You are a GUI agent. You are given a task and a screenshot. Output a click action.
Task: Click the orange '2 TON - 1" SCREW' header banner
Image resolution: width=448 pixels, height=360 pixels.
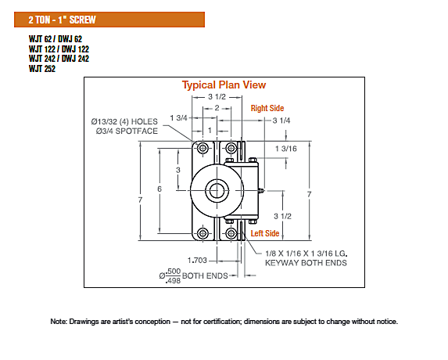(x=109, y=20)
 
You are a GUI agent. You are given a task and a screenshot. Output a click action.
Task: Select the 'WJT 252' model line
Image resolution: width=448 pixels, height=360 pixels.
(x=42, y=69)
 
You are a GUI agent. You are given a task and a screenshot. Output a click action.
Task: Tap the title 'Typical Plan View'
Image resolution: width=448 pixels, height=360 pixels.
(x=224, y=85)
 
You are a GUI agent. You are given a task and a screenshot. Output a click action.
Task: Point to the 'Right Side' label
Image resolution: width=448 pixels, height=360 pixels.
(x=267, y=108)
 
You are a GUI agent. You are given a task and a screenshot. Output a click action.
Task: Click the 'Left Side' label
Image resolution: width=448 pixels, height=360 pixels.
(x=265, y=233)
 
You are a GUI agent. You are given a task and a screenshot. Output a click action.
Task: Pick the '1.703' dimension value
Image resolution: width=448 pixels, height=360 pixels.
(x=197, y=261)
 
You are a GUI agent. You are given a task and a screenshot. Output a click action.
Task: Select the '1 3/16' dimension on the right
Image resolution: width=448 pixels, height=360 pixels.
(x=285, y=149)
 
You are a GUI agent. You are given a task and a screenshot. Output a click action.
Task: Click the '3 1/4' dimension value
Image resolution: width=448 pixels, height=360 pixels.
(x=281, y=121)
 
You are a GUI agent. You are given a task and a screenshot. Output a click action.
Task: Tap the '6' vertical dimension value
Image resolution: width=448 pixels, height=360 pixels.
(x=159, y=189)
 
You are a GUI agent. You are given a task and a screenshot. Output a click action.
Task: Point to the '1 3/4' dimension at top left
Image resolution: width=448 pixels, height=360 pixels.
(x=178, y=118)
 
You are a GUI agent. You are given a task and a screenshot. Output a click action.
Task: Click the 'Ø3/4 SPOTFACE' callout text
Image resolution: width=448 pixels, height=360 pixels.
(x=127, y=131)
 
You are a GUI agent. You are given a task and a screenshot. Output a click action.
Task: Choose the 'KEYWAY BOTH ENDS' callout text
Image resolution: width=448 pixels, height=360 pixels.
(x=306, y=263)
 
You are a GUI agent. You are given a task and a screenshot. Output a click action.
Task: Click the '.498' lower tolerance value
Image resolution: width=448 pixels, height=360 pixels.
(x=173, y=281)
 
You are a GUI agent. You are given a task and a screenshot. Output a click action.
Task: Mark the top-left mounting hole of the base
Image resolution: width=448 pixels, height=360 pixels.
(x=202, y=148)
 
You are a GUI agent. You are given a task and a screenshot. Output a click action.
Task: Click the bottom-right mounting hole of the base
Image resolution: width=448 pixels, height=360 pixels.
(x=231, y=233)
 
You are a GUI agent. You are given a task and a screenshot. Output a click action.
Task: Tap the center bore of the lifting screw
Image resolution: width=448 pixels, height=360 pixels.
(x=217, y=190)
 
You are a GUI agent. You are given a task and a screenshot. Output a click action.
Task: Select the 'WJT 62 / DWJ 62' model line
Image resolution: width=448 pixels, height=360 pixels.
(x=56, y=39)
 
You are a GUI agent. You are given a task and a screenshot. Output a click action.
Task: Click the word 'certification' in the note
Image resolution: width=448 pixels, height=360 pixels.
(x=222, y=322)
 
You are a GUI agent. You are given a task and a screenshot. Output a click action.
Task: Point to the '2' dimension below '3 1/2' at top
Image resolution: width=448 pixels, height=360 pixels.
(x=217, y=108)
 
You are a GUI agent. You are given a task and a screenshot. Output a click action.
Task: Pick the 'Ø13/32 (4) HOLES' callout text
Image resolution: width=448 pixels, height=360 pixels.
(x=124, y=122)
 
